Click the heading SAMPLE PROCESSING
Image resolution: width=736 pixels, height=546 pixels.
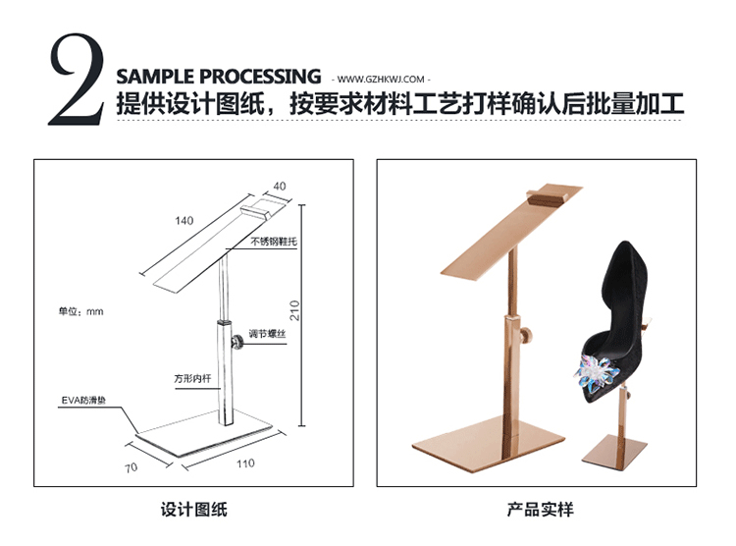(218, 77)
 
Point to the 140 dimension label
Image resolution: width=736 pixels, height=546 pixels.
(184, 221)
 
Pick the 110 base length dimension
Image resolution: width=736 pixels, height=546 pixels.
(244, 463)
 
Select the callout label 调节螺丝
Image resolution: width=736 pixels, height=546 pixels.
(266, 334)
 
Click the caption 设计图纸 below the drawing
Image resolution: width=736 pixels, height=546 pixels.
(193, 510)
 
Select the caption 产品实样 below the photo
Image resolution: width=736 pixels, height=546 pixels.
(539, 510)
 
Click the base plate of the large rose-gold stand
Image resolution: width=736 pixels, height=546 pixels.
(491, 447)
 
